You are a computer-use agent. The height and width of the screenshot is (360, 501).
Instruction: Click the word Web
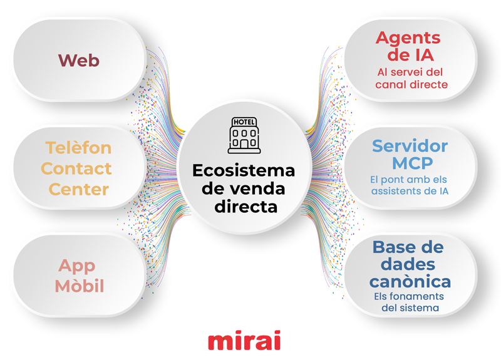click(x=79, y=60)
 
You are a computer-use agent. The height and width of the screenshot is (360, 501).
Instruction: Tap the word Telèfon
click(x=78, y=148)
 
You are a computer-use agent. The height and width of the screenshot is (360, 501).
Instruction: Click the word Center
click(x=78, y=188)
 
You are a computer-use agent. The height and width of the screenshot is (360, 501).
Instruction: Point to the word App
click(x=77, y=265)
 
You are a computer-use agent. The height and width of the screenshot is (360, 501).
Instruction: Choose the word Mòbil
click(x=79, y=286)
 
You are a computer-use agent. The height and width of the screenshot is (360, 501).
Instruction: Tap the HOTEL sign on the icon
click(x=244, y=121)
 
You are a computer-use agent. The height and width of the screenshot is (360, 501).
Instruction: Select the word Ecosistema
click(x=243, y=171)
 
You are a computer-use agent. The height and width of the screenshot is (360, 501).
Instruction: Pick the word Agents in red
click(x=409, y=38)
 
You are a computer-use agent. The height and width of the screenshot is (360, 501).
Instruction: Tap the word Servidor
click(x=410, y=146)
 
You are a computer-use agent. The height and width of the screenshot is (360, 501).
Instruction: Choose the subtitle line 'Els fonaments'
click(x=411, y=296)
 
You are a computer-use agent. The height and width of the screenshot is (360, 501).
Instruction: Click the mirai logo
click(x=244, y=341)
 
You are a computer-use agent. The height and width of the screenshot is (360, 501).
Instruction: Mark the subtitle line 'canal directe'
click(x=411, y=84)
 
